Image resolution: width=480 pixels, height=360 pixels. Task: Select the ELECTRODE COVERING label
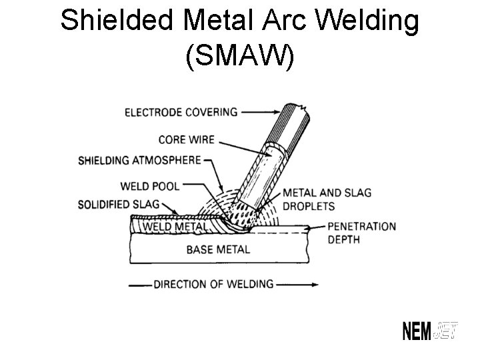point(181,112)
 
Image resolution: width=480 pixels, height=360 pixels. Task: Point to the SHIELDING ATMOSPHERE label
point(139,160)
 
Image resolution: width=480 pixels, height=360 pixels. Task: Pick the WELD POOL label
point(150,186)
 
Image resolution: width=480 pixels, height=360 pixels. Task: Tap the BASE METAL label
point(218,250)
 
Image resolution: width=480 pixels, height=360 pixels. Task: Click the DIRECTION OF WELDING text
point(213,284)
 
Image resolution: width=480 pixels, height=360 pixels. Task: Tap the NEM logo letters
point(417,331)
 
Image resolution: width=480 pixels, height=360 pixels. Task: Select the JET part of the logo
point(446,331)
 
